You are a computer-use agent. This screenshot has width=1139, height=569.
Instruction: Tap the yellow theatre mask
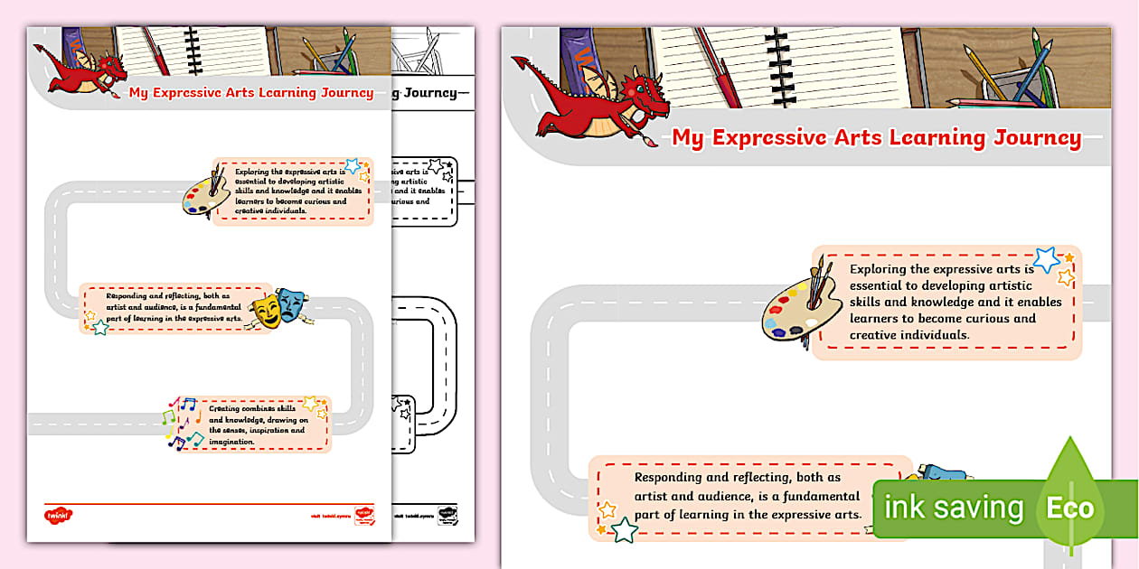pos(268,309)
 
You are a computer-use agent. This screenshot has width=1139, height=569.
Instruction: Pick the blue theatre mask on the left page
pos(290,301)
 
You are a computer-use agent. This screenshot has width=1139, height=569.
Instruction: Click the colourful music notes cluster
pos(182,423)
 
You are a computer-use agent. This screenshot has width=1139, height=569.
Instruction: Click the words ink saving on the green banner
pos(953,508)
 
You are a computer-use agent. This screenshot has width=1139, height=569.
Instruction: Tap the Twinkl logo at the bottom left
pos(58,517)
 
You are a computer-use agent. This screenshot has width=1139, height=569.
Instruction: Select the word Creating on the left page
pos(225,409)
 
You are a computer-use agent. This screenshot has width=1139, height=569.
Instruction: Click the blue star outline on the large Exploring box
pos(1047,260)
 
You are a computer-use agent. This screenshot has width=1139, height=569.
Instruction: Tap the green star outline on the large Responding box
pos(624,530)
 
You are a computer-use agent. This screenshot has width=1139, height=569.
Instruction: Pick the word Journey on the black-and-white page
pos(430,93)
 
